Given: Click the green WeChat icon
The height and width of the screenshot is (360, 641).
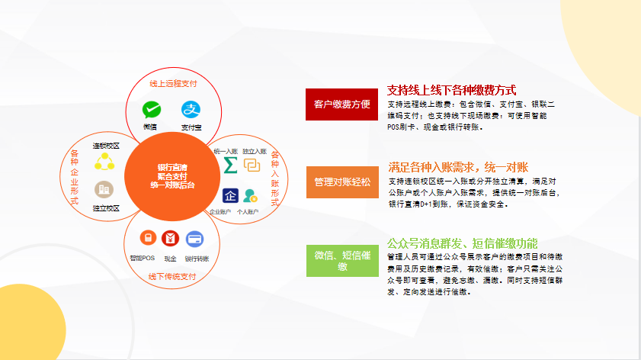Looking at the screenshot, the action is pyautogui.click(x=152, y=110).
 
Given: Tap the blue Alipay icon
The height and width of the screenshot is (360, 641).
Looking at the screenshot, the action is pyautogui.click(x=191, y=110).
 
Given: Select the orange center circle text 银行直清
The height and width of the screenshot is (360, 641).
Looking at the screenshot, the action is pyautogui.click(x=172, y=167).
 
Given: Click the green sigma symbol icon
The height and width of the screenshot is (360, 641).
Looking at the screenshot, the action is pyautogui.click(x=230, y=165).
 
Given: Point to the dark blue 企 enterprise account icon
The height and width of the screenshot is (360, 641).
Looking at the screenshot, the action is pyautogui.click(x=230, y=195).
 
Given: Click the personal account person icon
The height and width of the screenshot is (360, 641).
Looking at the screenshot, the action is pyautogui.click(x=250, y=196).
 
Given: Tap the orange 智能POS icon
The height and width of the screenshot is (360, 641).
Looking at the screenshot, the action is pyautogui.click(x=148, y=238).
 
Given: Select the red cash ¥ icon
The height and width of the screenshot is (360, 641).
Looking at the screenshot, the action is pyautogui.click(x=170, y=238).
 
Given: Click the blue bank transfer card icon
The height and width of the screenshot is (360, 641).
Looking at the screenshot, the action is pyautogui.click(x=194, y=239).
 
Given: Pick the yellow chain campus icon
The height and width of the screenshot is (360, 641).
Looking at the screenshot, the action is pyautogui.click(x=104, y=162).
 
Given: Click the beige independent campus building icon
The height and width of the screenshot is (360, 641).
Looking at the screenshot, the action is pyautogui.click(x=104, y=189).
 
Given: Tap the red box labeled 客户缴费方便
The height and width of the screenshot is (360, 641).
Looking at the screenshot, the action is pyautogui.click(x=341, y=104).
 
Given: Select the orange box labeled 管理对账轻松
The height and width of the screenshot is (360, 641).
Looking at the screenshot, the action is pyautogui.click(x=342, y=182).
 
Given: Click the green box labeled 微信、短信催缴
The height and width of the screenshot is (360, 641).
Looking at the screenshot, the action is pyautogui.click(x=342, y=261).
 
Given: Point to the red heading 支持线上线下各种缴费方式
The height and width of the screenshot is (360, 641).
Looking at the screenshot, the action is pyautogui.click(x=451, y=90).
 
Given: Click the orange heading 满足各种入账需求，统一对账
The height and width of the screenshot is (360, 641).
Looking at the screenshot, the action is pyautogui.click(x=458, y=167).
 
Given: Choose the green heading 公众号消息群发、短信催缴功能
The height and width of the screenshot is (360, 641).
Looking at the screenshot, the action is pyautogui.click(x=463, y=243).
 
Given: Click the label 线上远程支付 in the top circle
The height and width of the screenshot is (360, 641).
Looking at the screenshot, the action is pyautogui.click(x=173, y=84).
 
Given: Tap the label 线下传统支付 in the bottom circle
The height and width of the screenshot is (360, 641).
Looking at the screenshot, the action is pyautogui.click(x=172, y=277).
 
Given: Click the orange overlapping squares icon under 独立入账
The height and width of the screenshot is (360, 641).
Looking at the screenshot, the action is pyautogui.click(x=252, y=165).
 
